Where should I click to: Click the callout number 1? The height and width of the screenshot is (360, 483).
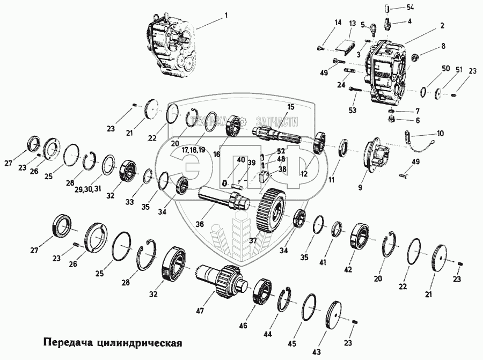pos(226,16)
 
